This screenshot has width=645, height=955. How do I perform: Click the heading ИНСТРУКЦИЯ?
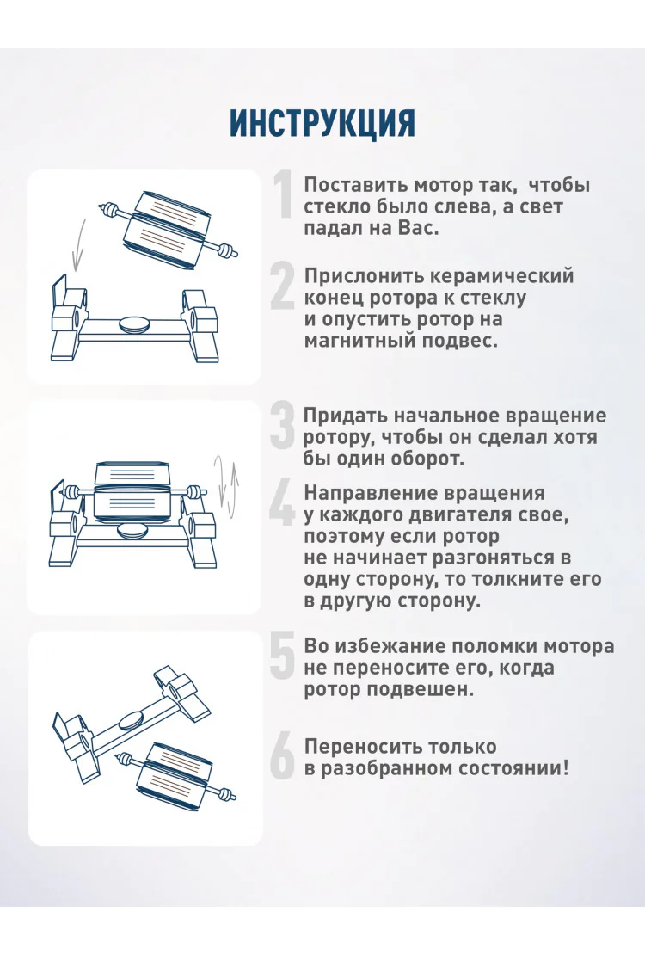[322, 124]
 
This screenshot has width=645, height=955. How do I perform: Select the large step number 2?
[283, 285]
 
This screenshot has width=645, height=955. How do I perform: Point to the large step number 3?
[282, 426]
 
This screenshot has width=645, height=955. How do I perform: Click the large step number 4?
[282, 502]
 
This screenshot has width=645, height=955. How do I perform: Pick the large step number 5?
[283, 656]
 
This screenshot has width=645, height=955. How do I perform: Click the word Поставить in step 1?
[356, 184]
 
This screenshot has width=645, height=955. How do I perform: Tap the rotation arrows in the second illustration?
[226, 484]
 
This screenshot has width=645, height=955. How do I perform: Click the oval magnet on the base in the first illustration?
[135, 324]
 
